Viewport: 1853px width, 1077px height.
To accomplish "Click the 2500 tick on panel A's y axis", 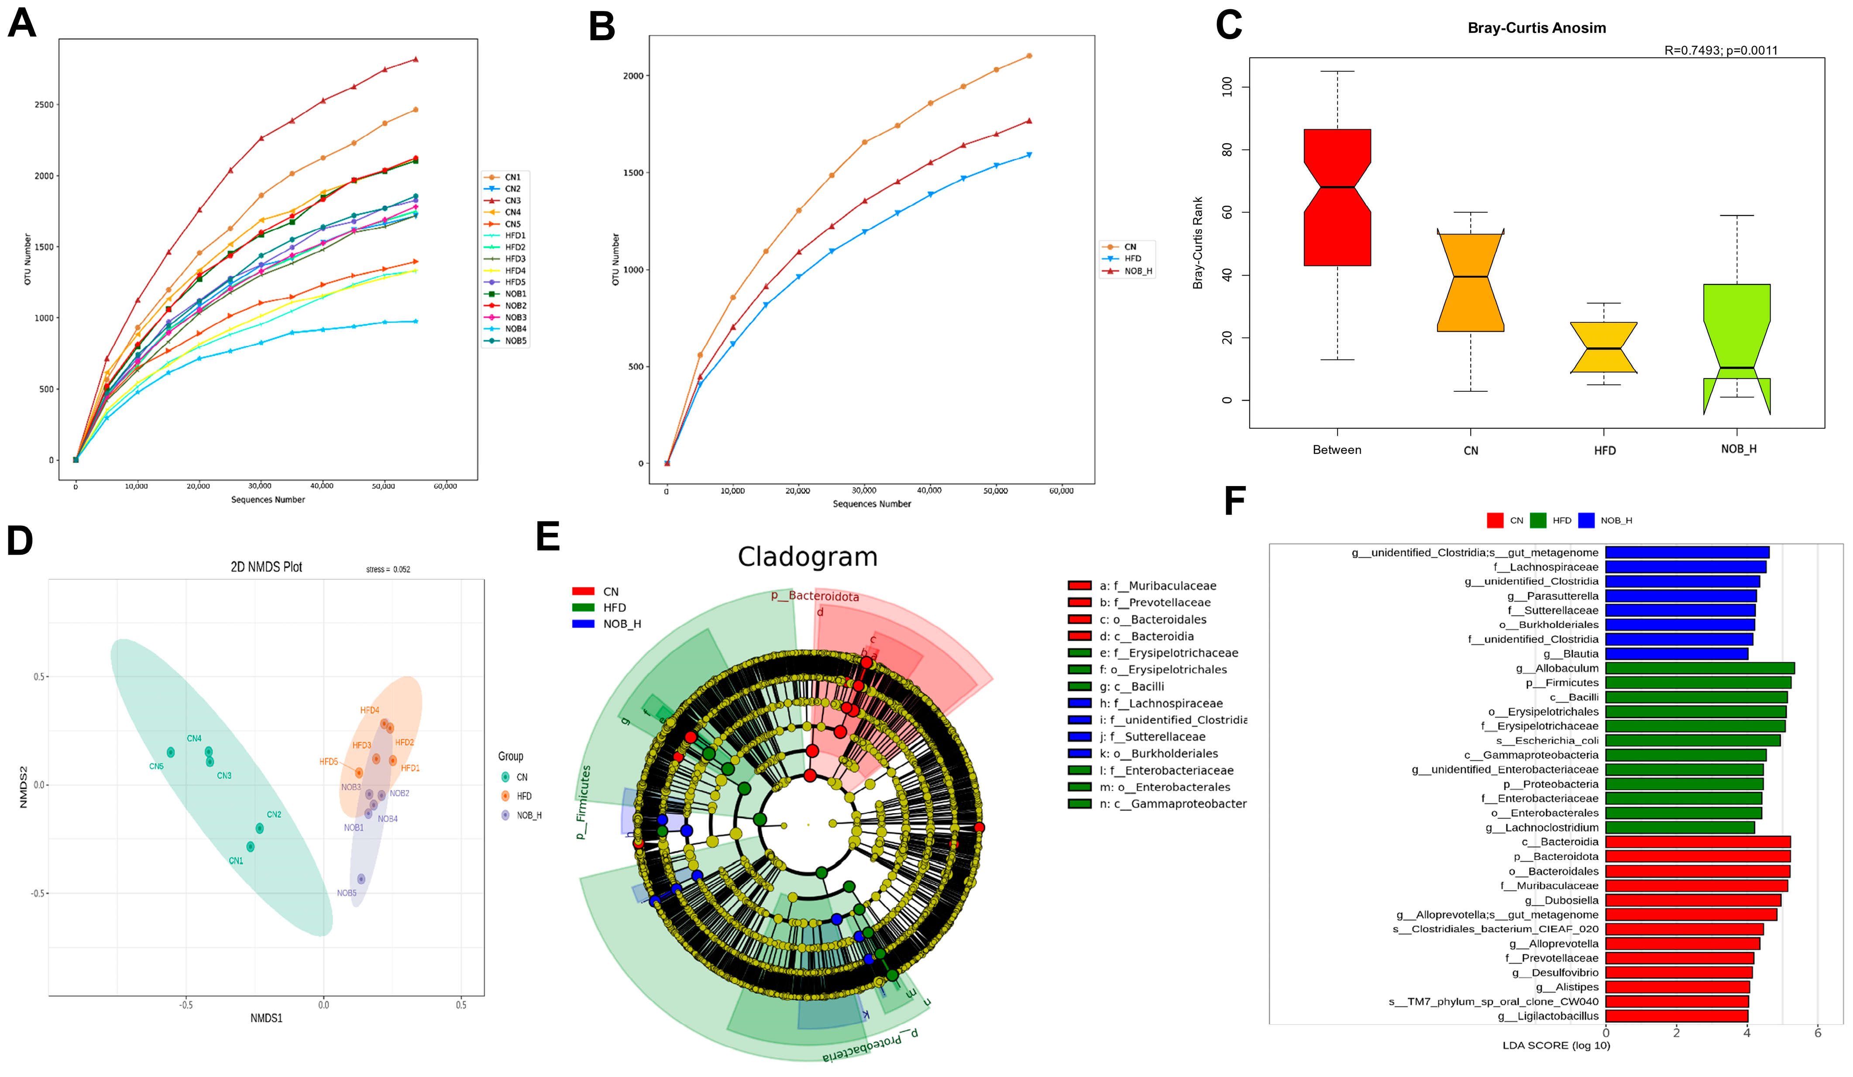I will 44,104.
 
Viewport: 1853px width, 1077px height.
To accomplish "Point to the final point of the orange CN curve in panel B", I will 1029,56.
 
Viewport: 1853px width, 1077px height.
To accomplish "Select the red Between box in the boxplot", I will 1337,197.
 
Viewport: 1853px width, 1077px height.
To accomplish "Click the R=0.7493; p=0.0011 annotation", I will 1721,51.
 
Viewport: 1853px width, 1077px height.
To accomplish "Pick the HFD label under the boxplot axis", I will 1605,450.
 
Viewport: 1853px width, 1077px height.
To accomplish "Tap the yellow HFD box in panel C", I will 1604,347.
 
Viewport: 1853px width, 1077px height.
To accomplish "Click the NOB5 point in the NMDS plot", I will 361,879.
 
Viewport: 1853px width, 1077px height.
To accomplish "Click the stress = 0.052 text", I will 388,570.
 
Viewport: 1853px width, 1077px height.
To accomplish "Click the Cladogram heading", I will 808,557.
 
